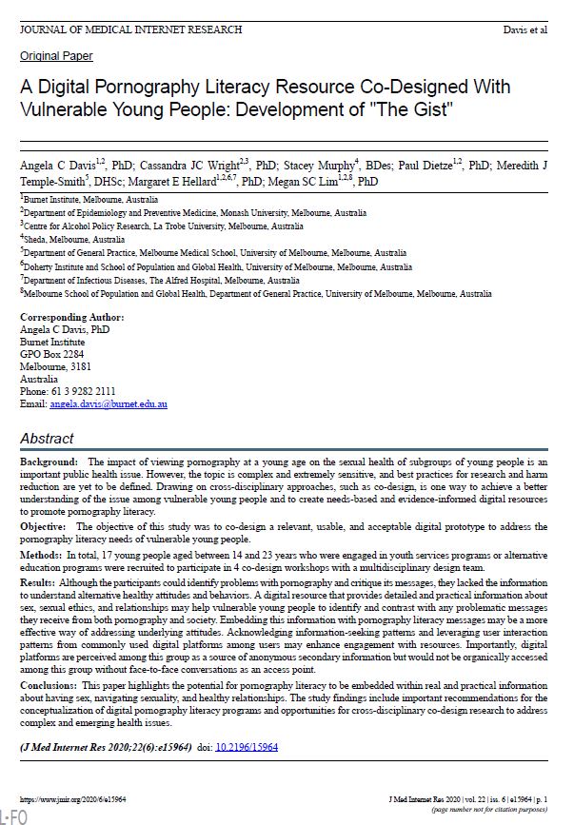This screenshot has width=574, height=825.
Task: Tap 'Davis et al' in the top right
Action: (525, 30)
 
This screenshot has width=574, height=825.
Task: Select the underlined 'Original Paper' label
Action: (56, 56)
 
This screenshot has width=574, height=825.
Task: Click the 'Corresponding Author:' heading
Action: (72, 316)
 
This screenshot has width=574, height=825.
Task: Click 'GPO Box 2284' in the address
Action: (52, 354)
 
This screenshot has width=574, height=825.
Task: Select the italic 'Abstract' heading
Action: (47, 439)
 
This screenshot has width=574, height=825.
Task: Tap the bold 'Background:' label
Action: (49, 461)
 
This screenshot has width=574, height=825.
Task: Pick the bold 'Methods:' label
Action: (42, 553)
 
